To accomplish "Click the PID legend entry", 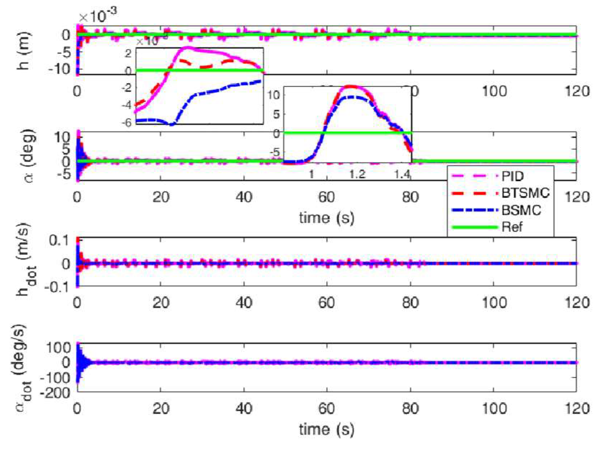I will coord(512,176).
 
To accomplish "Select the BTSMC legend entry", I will coord(525,193).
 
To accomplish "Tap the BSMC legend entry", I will coord(521,210).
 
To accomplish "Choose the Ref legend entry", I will coord(512,227).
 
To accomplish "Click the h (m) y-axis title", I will coord(24,50).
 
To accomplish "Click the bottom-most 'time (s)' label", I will coord(326,429).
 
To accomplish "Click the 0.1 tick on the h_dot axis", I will coord(60,240).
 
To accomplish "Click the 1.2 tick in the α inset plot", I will coord(357,174).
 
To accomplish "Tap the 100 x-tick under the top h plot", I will coord(494,91).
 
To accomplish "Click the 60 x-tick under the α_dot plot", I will coord(326,409).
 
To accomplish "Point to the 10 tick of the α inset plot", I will coord(274,95).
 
